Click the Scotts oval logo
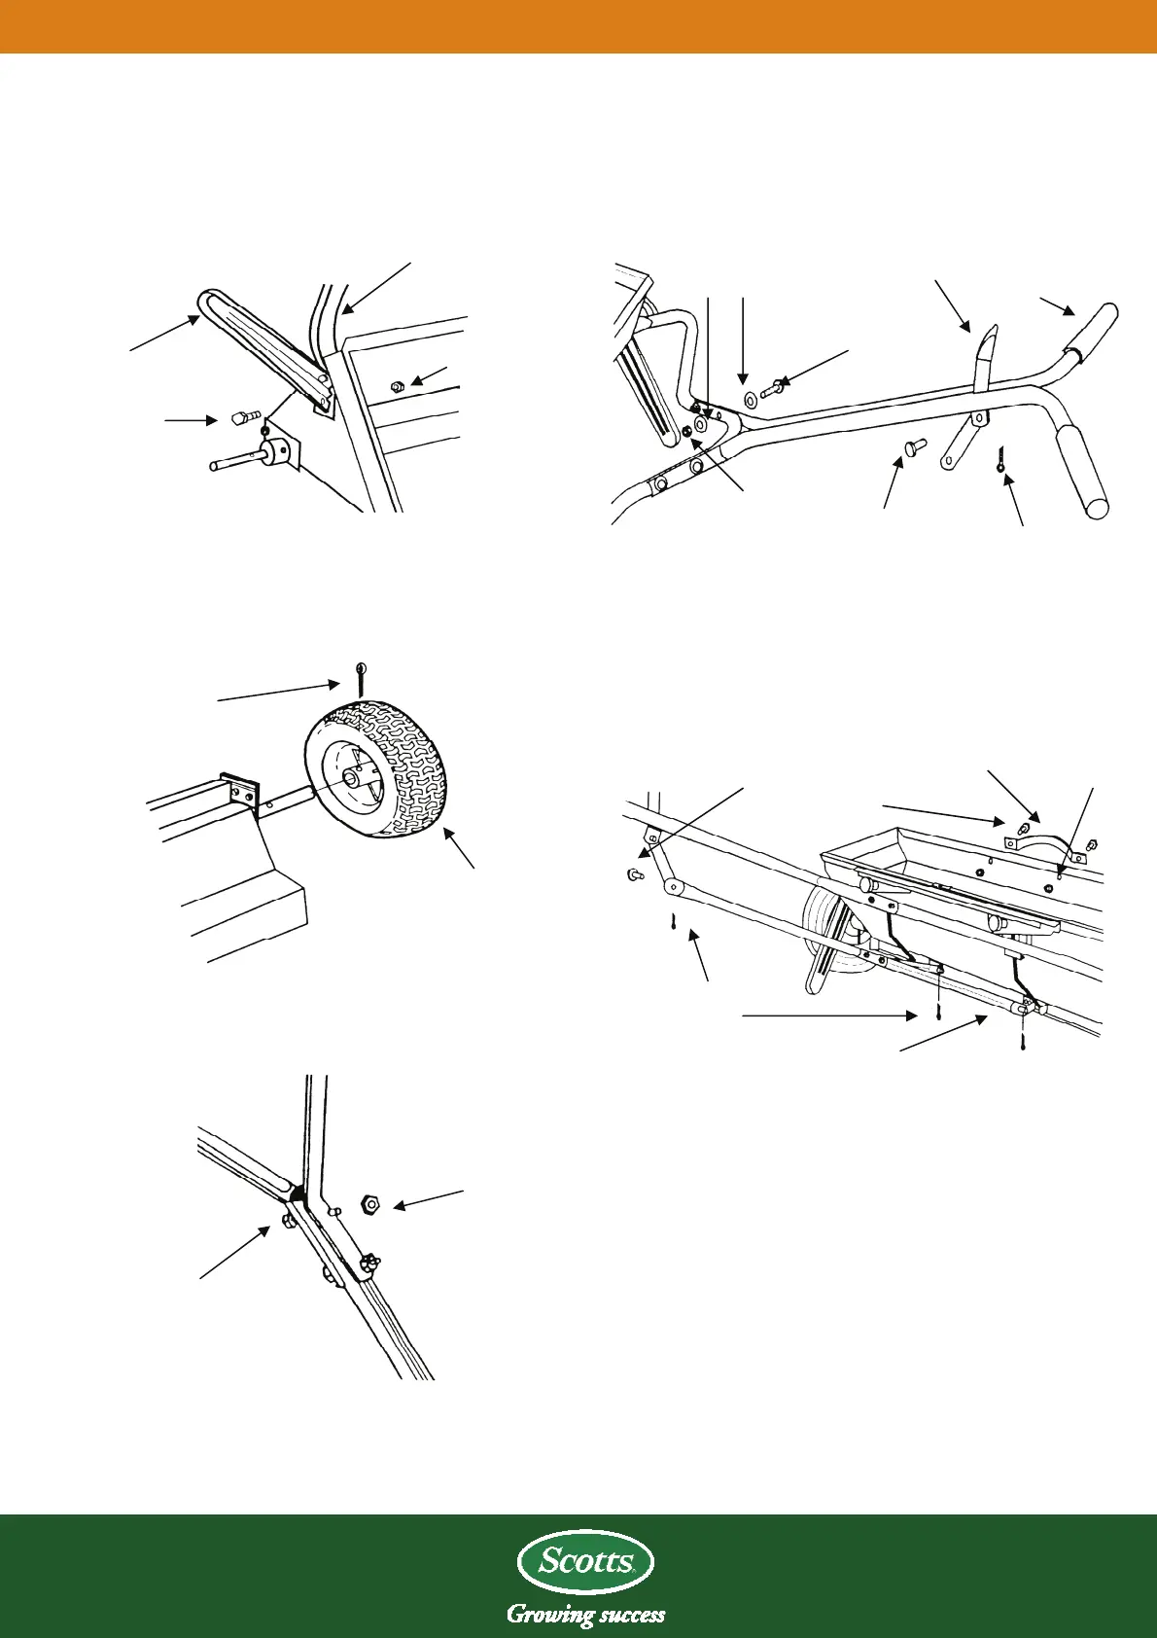point(585,1562)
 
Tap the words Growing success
point(585,1615)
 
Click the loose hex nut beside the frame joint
point(370,1205)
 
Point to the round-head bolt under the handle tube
point(913,446)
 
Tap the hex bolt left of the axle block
point(240,420)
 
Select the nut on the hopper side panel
point(396,386)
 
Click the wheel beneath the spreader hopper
point(831,929)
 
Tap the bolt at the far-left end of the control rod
point(634,874)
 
